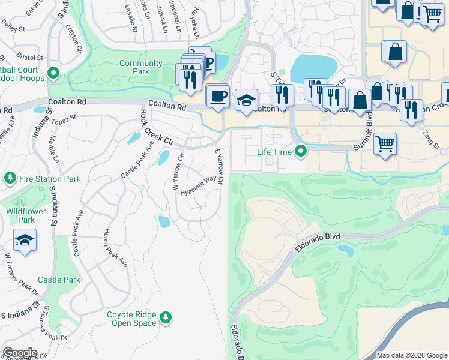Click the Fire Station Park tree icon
(10, 179)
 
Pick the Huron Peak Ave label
(116, 247)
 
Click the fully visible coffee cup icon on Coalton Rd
(217, 95)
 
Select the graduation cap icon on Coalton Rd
(246, 100)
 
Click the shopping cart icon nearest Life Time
(385, 143)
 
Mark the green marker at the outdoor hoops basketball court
(53, 74)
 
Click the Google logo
(19, 353)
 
